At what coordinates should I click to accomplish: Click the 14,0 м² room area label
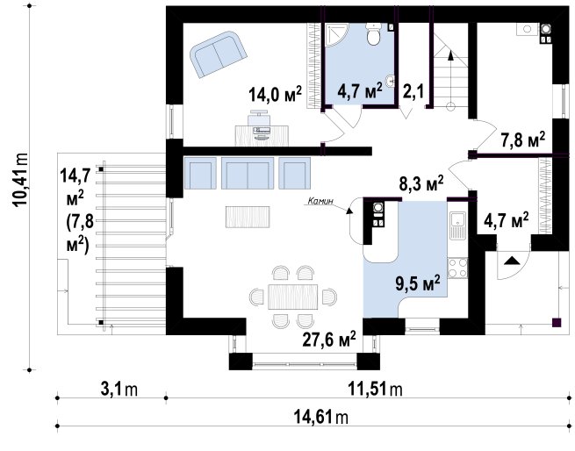275,94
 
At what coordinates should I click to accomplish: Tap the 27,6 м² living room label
329,340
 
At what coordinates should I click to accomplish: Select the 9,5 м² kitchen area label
417,283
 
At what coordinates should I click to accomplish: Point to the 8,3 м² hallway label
421,183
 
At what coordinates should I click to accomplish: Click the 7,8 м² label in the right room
523,140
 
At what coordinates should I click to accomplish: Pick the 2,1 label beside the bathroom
413,91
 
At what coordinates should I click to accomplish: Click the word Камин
320,201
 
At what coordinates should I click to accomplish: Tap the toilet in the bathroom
373,34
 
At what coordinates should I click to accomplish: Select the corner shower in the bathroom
336,35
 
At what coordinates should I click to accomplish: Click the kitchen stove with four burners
457,268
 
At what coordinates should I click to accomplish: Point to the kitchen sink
456,225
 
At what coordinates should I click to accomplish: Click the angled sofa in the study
218,54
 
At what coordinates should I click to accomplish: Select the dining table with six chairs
292,297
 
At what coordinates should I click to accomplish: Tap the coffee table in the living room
248,217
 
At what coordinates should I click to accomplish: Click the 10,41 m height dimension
20,181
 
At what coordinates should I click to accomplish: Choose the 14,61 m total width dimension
321,417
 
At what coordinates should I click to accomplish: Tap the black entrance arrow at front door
512,261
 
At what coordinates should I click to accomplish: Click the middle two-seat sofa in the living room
248,173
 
